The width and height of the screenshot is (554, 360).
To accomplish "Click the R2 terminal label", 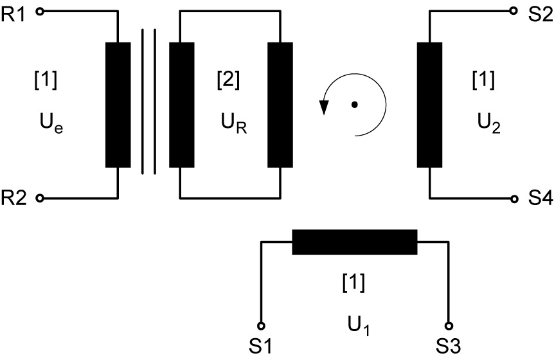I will [15, 199].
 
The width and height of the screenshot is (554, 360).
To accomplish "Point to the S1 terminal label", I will [261, 348].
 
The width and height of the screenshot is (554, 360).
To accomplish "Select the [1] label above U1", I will [354, 281].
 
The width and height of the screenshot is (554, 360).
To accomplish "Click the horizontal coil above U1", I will [354, 242].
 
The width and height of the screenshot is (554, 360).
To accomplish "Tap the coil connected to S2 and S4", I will [429, 105].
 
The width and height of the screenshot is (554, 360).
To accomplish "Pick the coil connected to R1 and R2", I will [118, 105].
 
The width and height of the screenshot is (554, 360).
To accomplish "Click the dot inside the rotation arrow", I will [353, 105].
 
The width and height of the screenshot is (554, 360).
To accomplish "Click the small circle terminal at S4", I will [514, 199].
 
